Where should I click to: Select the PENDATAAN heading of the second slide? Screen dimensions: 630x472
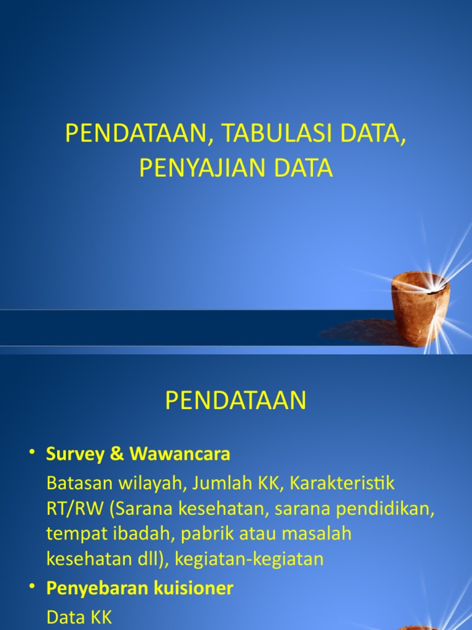235,401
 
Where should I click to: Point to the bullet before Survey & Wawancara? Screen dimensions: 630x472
32,453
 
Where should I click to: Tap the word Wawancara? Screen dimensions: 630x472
180,454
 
